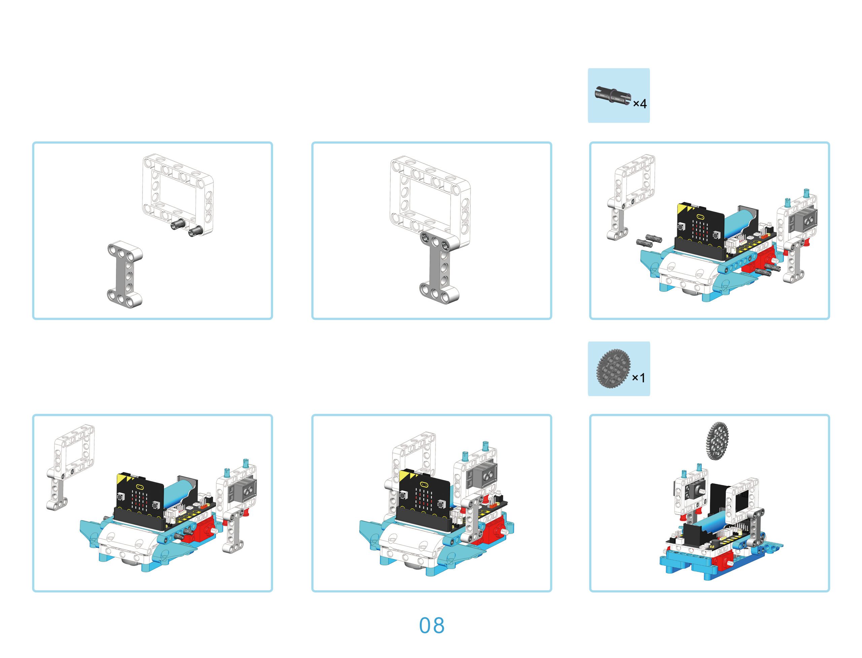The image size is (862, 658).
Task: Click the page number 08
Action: (431, 625)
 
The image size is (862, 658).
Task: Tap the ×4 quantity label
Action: (639, 103)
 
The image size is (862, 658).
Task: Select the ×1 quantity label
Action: (638, 378)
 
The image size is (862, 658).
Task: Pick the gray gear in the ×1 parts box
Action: (613, 369)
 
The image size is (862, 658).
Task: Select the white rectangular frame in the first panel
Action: (178, 194)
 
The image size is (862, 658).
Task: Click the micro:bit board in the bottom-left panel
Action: (140, 497)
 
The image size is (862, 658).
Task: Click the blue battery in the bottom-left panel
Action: (178, 493)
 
